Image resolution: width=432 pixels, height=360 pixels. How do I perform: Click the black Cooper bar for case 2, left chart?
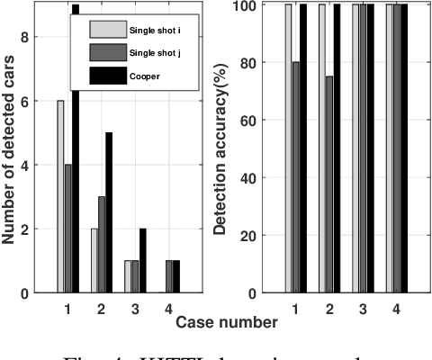[109, 212]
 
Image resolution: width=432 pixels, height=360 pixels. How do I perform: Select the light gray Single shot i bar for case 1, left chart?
[59, 197]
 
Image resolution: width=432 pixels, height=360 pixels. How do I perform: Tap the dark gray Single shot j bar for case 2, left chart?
[102, 245]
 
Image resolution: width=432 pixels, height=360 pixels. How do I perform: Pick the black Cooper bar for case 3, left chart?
[142, 261]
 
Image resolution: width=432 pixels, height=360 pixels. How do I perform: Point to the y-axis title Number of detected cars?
[11, 148]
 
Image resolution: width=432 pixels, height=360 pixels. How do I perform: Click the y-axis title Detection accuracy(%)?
[219, 148]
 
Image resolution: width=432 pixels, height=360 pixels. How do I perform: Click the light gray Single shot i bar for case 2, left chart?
[94, 261]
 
